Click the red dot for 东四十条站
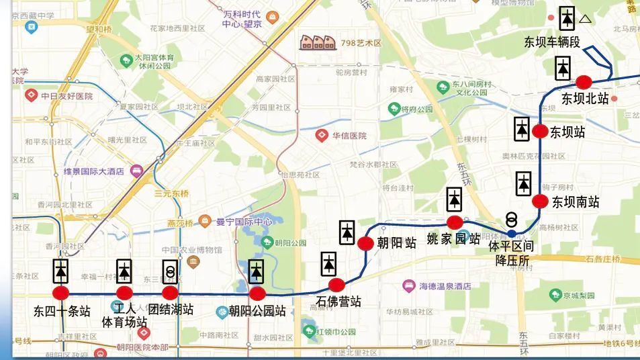[61, 293]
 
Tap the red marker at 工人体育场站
[124, 293]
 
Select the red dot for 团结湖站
[171, 293]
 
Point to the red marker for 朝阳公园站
[257, 294]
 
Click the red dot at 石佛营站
[336, 285]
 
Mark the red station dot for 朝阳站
[365, 243]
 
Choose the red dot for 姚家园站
[455, 222]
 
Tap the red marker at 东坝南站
[540, 201]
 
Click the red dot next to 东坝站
[540, 132]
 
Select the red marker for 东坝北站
[584, 82]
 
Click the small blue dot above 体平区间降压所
[512, 233]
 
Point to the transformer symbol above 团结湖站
[171, 271]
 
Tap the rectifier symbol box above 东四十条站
[61, 271]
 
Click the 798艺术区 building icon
[318, 42]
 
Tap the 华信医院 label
[349, 136]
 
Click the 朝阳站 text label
[396, 242]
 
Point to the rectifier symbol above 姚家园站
[455, 199]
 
